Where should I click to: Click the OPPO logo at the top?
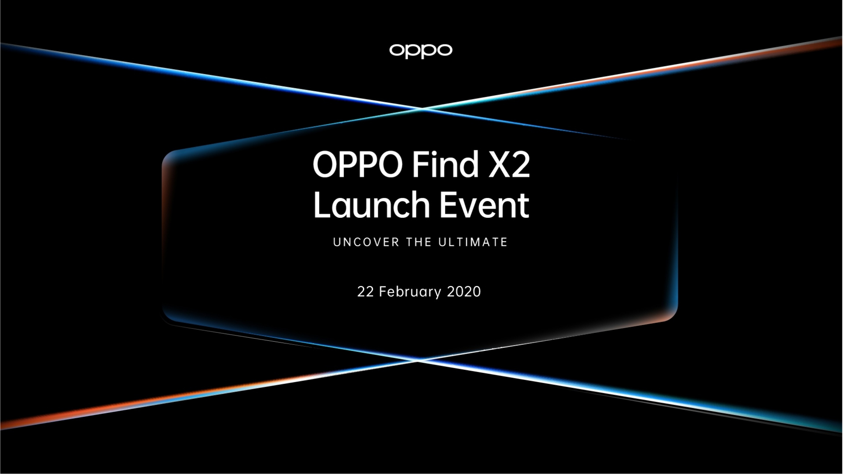[420, 51]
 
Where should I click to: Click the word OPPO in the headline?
[358, 164]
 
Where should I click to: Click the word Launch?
[371, 205]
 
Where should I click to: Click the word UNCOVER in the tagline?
[366, 242]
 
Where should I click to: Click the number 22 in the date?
[365, 292]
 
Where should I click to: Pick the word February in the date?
[410, 292]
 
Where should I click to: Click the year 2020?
[464, 292]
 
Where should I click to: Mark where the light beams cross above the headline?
[422, 108]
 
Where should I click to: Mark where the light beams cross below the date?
[418, 361]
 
